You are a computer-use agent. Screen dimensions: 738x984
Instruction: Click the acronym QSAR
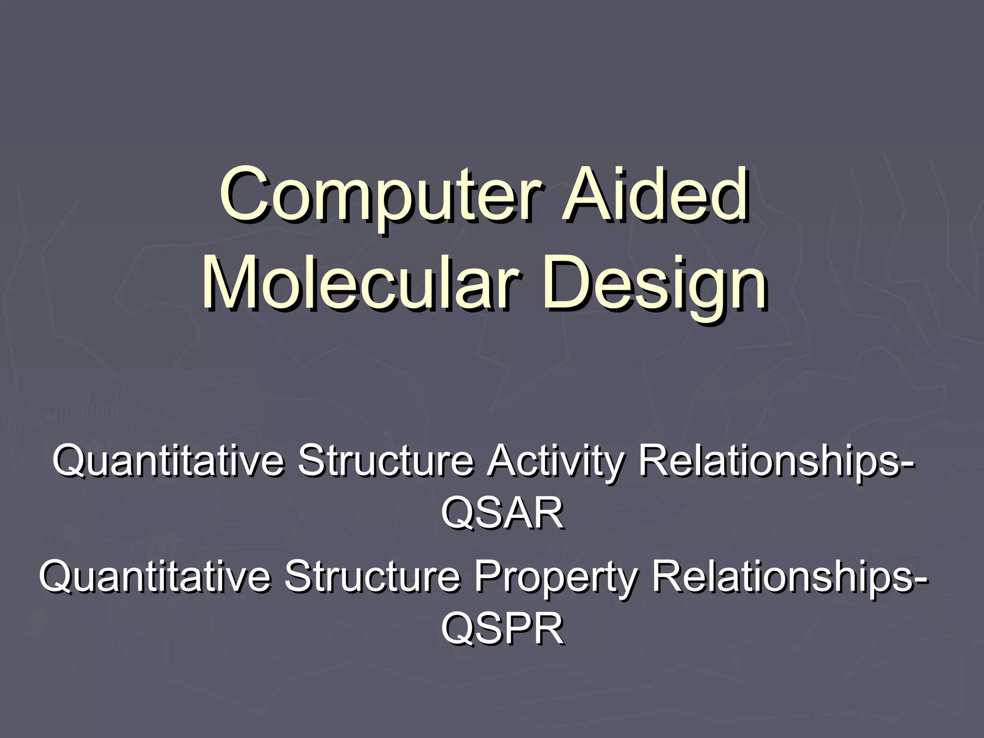coord(502,513)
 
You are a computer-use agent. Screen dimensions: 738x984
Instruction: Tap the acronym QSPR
coord(502,629)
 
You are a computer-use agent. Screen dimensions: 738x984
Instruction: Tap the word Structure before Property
coord(372,577)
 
